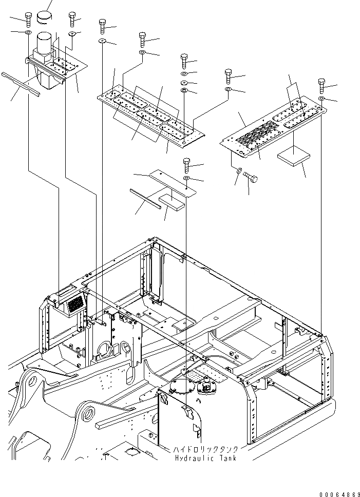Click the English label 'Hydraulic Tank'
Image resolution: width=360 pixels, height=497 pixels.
coord(205,458)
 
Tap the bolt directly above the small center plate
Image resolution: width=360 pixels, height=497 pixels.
coord(186,165)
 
